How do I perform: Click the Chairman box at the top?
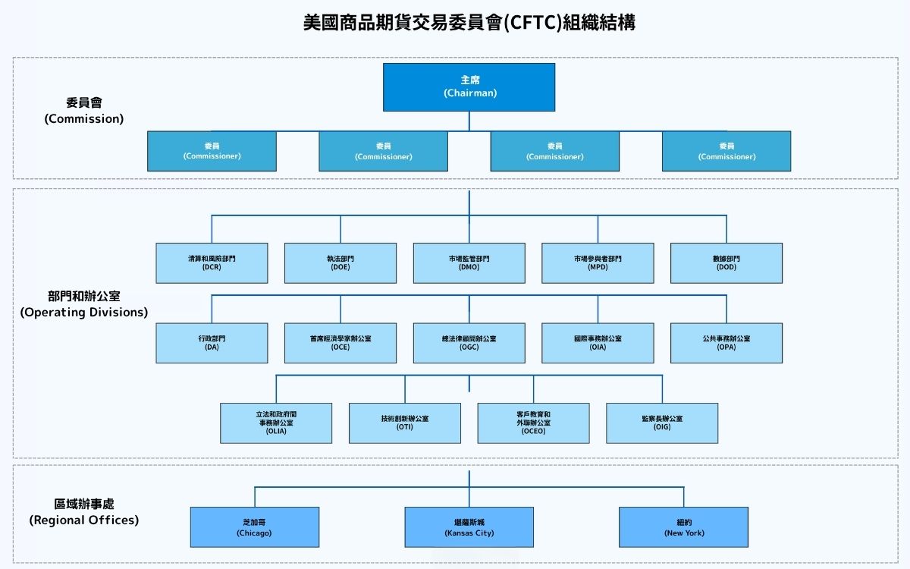pos(469,86)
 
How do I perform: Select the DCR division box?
pos(212,262)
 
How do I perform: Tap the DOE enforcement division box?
pos(340,262)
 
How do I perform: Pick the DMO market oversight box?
pos(469,262)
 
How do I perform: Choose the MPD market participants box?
pos(598,262)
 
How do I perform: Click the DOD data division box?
pos(726,262)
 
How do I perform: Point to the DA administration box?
pos(212,343)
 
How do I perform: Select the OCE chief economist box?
pos(340,343)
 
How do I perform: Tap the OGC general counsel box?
pos(469,343)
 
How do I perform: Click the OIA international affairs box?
pos(598,343)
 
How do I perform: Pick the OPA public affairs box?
pos(726,343)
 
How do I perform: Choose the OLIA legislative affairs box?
pos(276,423)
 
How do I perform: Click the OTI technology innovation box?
pos(405,423)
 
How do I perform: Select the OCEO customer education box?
pos(533,423)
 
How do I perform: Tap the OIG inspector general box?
pos(662,423)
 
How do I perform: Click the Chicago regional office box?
pos(254,527)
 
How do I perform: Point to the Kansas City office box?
pos(469,527)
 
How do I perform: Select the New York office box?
pos(683,527)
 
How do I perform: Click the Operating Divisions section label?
pos(83,304)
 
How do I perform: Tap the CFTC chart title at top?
pos(469,24)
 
